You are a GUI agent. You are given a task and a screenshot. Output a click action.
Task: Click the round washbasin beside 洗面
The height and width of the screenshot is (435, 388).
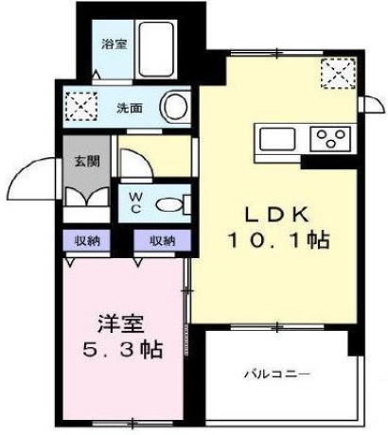[x=176, y=106]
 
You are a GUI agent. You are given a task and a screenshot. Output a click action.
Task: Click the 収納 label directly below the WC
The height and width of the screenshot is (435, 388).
[x=162, y=240]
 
